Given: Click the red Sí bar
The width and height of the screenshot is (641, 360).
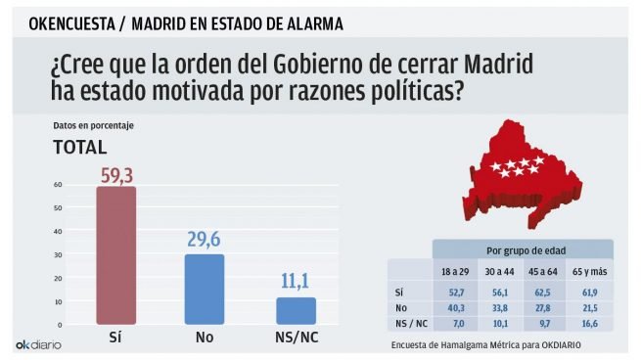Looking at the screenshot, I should click(115, 254).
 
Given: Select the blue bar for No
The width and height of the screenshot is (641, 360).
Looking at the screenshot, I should click(205, 289).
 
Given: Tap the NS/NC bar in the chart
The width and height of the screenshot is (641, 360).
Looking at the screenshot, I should click(296, 310).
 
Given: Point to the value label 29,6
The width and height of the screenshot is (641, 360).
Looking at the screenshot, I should click(205, 241).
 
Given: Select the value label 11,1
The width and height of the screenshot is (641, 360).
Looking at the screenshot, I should click(296, 284).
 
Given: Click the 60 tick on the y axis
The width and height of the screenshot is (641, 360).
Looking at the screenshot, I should click(58, 184).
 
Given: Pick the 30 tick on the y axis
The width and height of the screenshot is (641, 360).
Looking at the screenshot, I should click(58, 254).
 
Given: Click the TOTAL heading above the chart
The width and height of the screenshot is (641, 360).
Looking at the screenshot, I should click(79, 148).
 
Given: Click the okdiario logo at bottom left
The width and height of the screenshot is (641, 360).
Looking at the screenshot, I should click(38, 345).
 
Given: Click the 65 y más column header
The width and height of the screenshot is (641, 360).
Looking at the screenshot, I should click(588, 271).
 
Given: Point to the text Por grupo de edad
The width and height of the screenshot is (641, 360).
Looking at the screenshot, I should click(521, 249).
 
